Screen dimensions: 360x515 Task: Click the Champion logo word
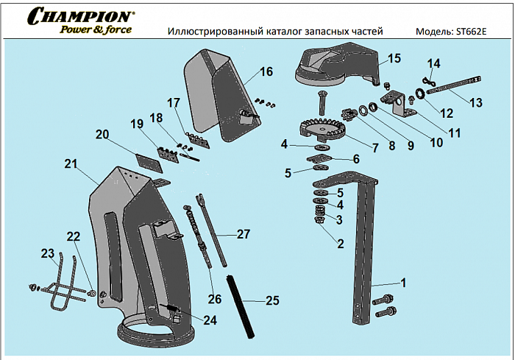[81, 15]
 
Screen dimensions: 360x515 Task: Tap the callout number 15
[394, 58]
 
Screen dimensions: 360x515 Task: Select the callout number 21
[71, 164]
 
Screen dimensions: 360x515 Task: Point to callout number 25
[272, 300]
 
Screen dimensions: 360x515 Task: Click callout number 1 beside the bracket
[403, 282]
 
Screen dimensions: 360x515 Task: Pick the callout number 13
[476, 102]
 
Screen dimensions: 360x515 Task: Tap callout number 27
[244, 234]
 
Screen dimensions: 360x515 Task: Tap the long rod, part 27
[210, 228]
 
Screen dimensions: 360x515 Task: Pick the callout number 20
[102, 134]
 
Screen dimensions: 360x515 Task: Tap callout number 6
[356, 158]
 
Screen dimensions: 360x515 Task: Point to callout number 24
[211, 320]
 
